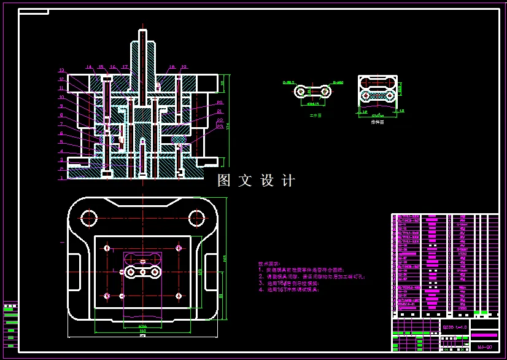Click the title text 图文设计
pyautogui.click(x=257, y=181)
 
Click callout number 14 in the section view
pyautogui.click(x=88, y=67)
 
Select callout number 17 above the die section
pyautogui.click(x=125, y=67)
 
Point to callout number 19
pyautogui.click(x=184, y=67)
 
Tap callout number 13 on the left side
pyautogui.click(x=61, y=70)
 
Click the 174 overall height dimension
pyautogui.click(x=228, y=126)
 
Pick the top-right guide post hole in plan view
pyautogui.click(x=197, y=217)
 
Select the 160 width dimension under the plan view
pyautogui.click(x=142, y=331)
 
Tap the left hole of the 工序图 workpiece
pyautogui.click(x=300, y=92)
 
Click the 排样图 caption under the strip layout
pyautogui.click(x=377, y=122)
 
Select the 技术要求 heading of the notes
pyautogui.click(x=268, y=263)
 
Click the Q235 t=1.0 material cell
pyautogui.click(x=455, y=327)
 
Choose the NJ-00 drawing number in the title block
pyautogui.click(x=484, y=346)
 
